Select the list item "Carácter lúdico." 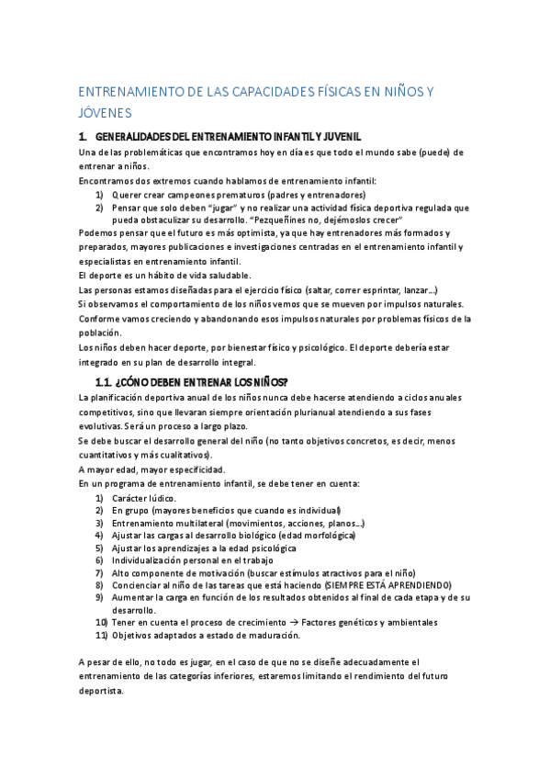[144, 498]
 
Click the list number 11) [102, 635]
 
